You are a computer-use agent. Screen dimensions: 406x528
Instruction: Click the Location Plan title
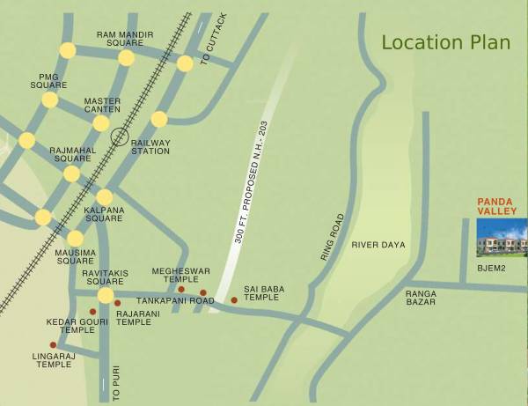(445, 42)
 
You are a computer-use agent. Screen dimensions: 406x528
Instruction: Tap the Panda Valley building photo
(502, 237)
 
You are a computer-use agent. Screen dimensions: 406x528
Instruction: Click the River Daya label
(378, 244)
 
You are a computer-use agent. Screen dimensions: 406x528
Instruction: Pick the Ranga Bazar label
(422, 299)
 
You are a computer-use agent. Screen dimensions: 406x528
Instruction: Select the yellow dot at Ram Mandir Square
(127, 58)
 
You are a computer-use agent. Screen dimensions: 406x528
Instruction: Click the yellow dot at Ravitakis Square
(106, 296)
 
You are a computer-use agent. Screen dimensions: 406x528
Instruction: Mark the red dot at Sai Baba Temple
(234, 300)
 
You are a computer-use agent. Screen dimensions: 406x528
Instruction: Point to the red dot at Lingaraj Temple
(54, 344)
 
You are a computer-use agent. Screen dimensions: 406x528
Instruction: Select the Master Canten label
(102, 106)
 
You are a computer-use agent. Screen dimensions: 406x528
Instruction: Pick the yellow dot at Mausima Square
(76, 239)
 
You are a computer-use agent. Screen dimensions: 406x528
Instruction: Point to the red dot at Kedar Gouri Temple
(92, 311)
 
